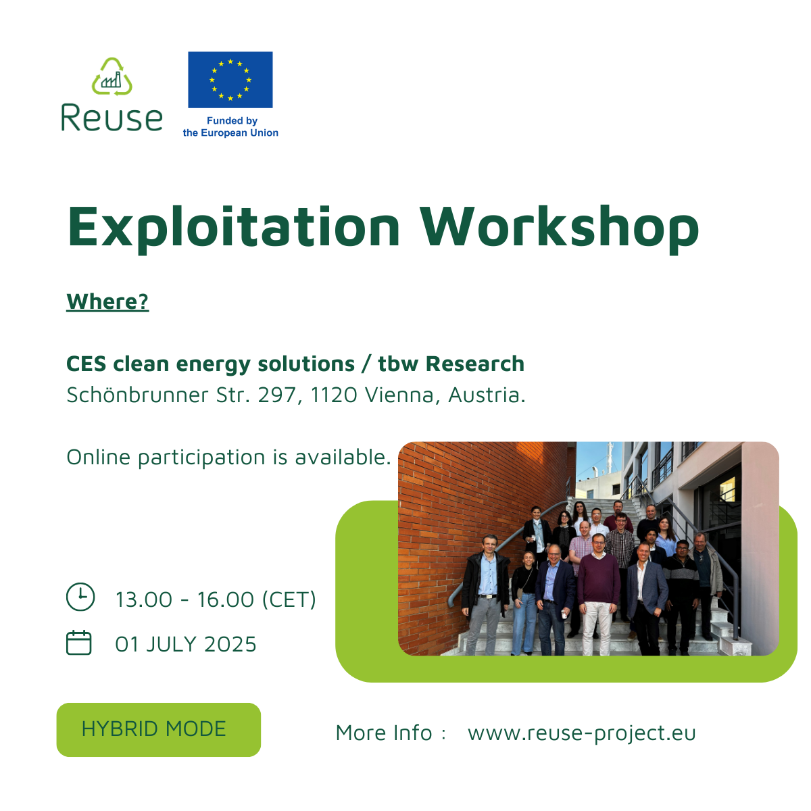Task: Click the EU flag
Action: pyautogui.click(x=230, y=80)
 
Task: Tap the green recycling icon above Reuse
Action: pyautogui.click(x=112, y=76)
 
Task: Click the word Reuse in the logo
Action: pyautogui.click(x=112, y=118)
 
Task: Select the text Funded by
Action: pyautogui.click(x=232, y=121)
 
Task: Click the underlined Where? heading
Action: pyautogui.click(x=107, y=301)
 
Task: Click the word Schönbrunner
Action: pyautogui.click(x=138, y=394)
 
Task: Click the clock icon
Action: pyautogui.click(x=80, y=596)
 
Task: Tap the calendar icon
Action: pyautogui.click(x=78, y=642)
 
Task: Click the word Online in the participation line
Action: pyautogui.click(x=98, y=457)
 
